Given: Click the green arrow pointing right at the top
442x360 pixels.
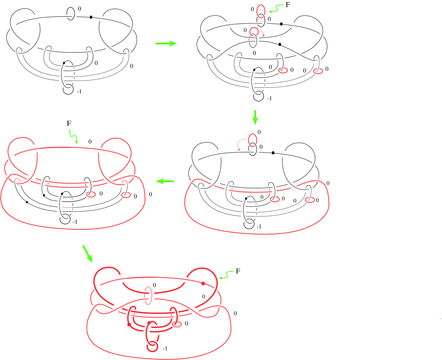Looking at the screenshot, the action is pyautogui.click(x=166, y=44).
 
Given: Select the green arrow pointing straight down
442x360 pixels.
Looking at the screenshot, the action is pyautogui.click(x=255, y=117).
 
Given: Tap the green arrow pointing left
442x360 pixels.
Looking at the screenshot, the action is pyautogui.click(x=165, y=181).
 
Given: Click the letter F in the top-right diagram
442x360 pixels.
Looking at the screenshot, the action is pyautogui.click(x=287, y=5).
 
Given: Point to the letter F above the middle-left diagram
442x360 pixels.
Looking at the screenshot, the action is pyautogui.click(x=69, y=123).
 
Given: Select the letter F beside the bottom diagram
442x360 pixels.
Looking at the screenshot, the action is pyautogui.click(x=238, y=271).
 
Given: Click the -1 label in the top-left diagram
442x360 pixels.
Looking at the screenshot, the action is pyautogui.click(x=79, y=91).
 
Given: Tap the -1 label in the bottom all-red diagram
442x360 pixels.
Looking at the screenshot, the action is pyautogui.click(x=165, y=349).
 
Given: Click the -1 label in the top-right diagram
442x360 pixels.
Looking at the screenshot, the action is pyautogui.click(x=269, y=98).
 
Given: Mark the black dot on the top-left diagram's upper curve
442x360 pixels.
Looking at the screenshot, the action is pyautogui.click(x=91, y=17).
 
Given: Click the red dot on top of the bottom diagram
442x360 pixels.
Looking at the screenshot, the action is pyautogui.click(x=203, y=283).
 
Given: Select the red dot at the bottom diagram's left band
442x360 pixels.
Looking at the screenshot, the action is pyautogui.click(x=129, y=324).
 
